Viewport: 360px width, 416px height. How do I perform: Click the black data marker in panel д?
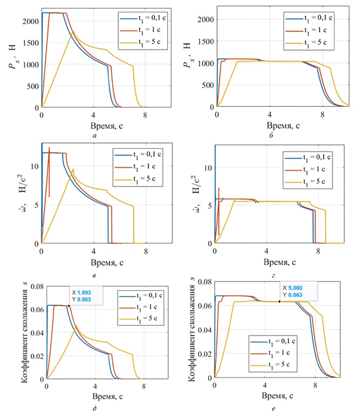tap(69, 306)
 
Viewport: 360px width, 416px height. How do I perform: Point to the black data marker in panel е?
tap(279, 302)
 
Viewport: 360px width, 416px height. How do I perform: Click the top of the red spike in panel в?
tap(49, 147)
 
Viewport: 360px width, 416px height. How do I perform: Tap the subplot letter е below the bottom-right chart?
tap(274, 410)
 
